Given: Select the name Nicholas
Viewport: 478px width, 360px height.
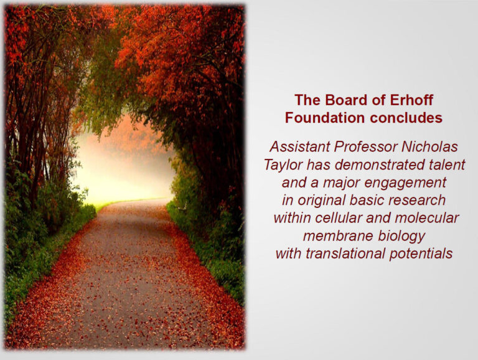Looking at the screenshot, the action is (x=430, y=146).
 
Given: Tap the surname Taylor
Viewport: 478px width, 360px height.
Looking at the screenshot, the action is (x=283, y=165).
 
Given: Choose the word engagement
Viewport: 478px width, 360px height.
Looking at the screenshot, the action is (x=405, y=183).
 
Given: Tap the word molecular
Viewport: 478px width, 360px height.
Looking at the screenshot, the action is (x=427, y=218).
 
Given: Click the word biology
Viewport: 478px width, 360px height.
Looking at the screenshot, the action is (x=401, y=237).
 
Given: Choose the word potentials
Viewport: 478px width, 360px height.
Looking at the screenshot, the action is (x=421, y=254).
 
